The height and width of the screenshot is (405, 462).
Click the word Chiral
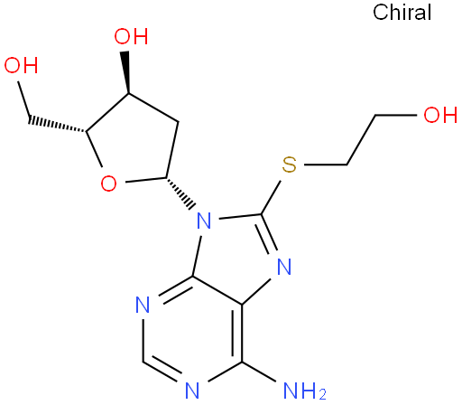[x=402, y=13]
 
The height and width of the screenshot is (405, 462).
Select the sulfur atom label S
[x=290, y=165]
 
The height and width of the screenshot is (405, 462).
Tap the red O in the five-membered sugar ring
[x=108, y=184]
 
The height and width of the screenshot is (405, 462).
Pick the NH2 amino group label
[x=305, y=391]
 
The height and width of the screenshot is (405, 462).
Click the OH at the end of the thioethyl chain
[x=440, y=115]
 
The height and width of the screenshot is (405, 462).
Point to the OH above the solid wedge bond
[x=131, y=36]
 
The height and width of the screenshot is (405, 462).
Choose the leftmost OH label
[x=21, y=65]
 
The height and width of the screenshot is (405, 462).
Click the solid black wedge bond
[x=126, y=72]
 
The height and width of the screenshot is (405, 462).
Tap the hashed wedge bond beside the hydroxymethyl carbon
[x=57, y=125]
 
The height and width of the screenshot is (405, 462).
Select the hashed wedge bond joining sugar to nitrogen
[x=180, y=193]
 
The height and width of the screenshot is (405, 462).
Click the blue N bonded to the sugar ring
[x=204, y=221]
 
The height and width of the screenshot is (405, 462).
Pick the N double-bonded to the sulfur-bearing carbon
[x=284, y=267]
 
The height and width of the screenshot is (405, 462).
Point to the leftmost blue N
[x=143, y=305]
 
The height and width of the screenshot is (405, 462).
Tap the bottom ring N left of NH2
[x=192, y=391]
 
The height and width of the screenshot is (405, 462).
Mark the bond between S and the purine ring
[x=271, y=198]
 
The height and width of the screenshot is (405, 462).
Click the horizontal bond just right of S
[x=326, y=165]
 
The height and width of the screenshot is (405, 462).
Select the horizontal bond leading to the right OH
[x=396, y=115]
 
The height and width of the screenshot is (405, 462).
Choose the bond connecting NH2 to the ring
[x=259, y=372]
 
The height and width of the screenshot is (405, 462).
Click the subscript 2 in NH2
[x=322, y=395]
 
